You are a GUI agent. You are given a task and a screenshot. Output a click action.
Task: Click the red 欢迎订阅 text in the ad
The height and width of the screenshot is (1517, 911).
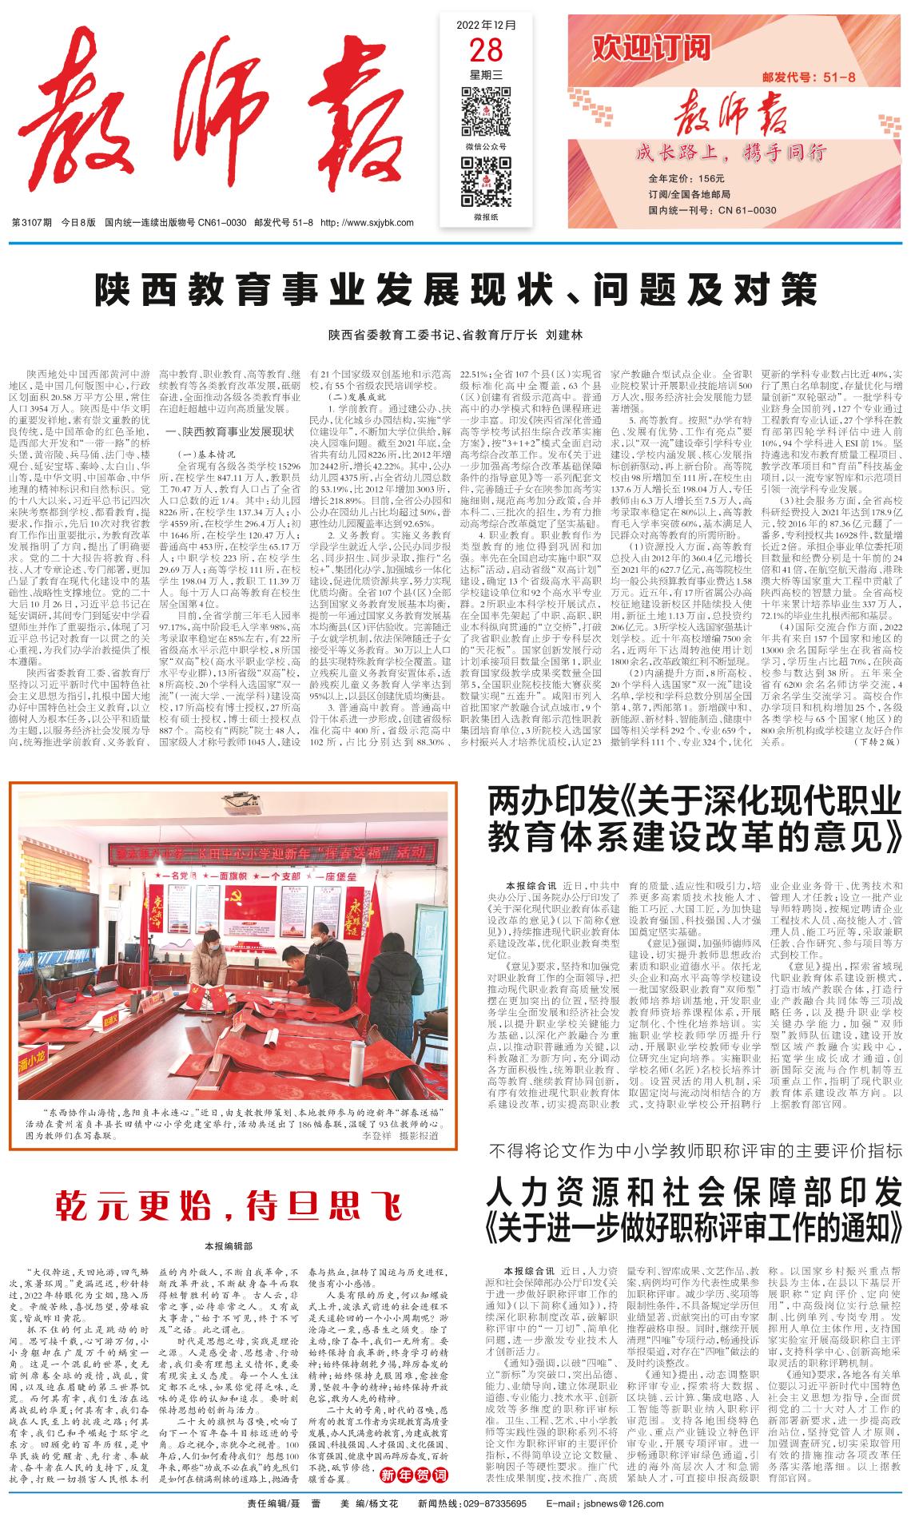tap(650, 50)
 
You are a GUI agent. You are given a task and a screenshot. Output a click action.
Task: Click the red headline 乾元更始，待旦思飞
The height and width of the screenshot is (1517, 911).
tap(228, 1204)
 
